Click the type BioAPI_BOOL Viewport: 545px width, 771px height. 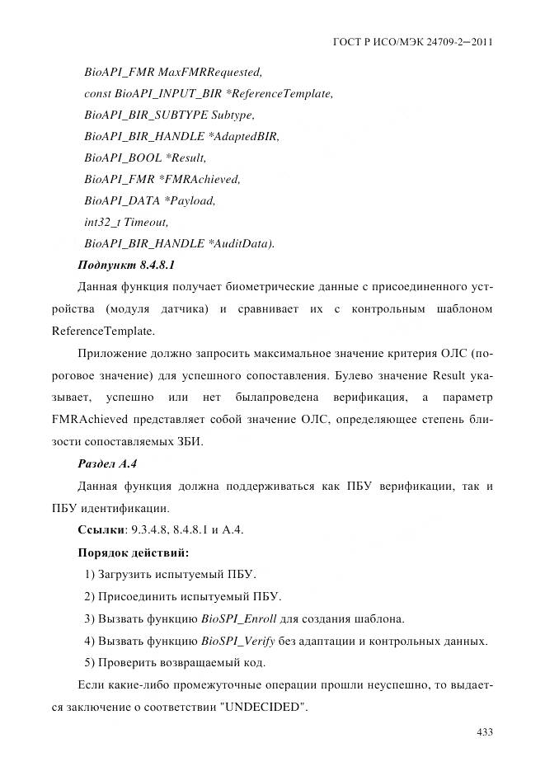(123, 157)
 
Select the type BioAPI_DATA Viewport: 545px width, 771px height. (122, 200)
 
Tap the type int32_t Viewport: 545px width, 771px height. (102, 222)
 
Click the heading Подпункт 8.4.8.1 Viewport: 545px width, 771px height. (125, 265)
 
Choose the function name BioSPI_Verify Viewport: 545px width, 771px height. (236, 641)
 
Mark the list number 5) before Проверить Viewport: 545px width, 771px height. (91, 663)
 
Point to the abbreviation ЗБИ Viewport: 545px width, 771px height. (187, 442)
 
